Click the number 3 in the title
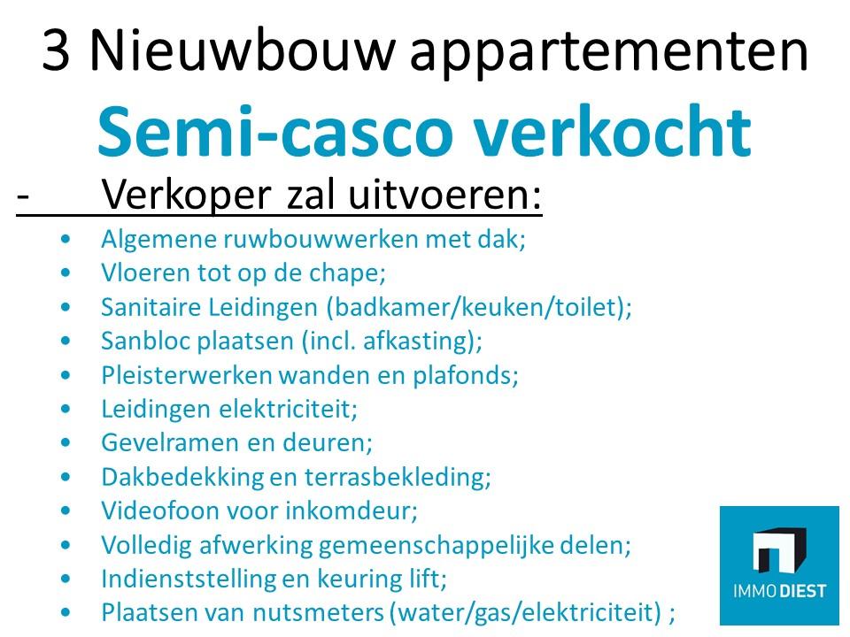coord(56,50)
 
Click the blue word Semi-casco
coord(274,131)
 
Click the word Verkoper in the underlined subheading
coord(187,194)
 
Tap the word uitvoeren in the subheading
coord(444,194)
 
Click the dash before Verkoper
coord(22,195)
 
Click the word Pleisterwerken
coord(186,375)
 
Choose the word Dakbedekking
coord(182,477)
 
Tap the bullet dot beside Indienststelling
coord(66,579)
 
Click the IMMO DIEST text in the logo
coord(779,590)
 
